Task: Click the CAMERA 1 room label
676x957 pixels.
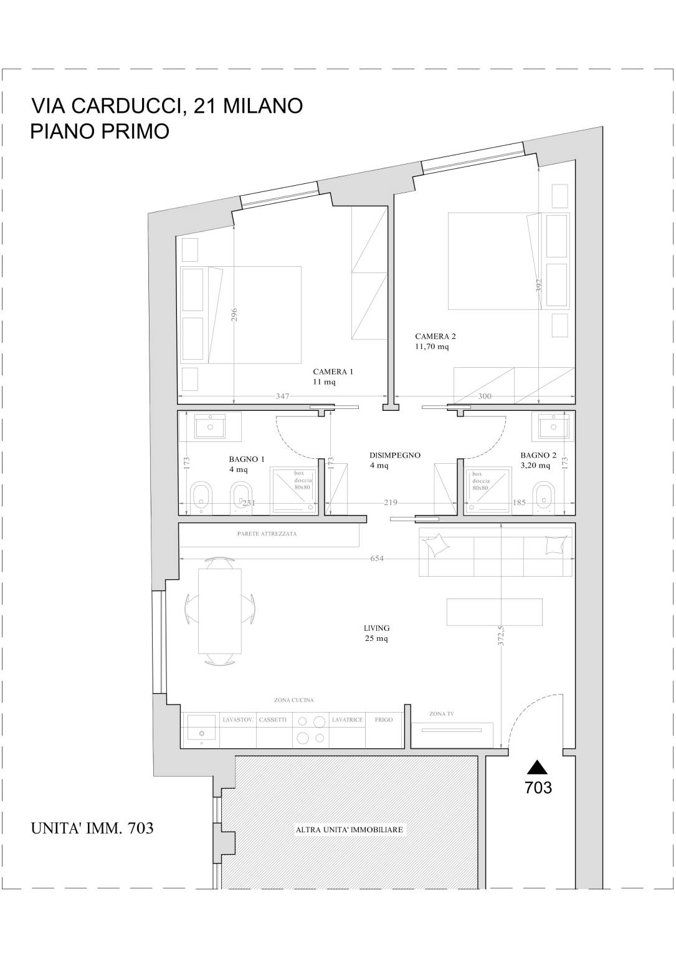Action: (x=333, y=377)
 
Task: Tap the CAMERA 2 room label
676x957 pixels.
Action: (x=435, y=342)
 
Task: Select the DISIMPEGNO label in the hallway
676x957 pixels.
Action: (x=394, y=455)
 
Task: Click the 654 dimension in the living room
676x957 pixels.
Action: (x=377, y=558)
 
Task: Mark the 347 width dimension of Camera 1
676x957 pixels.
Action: (x=282, y=396)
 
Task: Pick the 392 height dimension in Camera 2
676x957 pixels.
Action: (x=539, y=285)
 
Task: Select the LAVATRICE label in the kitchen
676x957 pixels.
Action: (x=347, y=720)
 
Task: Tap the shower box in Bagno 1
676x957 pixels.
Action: (x=294, y=490)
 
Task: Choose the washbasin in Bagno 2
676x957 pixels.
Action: (x=553, y=426)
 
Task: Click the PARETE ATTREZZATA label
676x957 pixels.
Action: (x=267, y=534)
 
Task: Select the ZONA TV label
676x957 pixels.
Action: (x=442, y=714)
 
